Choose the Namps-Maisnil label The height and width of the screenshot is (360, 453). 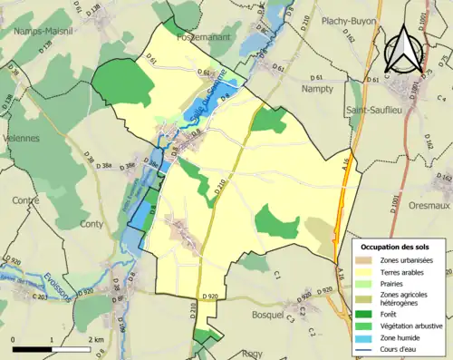point(45,31)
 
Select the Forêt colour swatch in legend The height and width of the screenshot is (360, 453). point(369,314)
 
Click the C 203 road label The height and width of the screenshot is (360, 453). point(38,297)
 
